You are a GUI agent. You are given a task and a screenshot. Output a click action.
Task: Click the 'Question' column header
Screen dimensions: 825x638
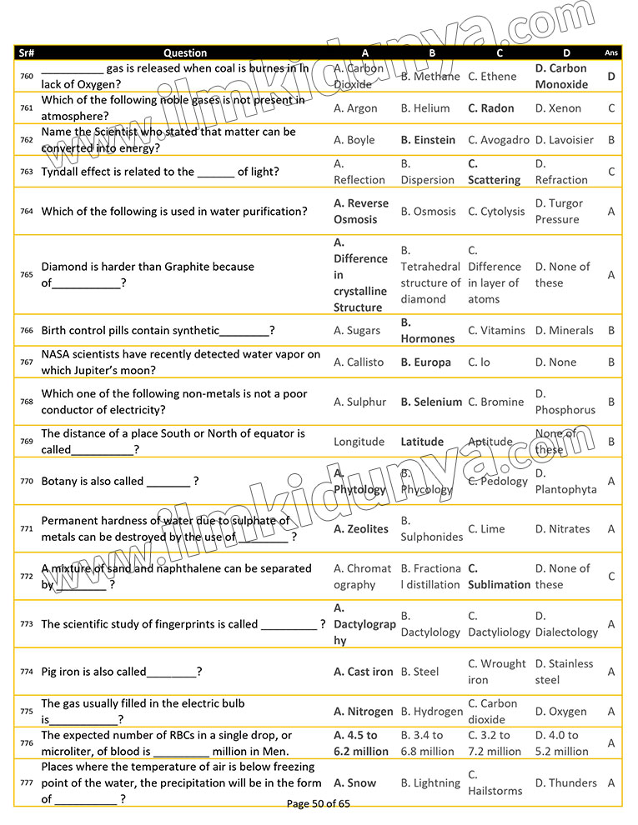pyautogui.click(x=185, y=52)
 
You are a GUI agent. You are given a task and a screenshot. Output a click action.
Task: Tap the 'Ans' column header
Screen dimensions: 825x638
pyautogui.click(x=611, y=52)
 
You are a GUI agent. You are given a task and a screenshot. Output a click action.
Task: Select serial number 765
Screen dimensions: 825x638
pyautogui.click(x=27, y=275)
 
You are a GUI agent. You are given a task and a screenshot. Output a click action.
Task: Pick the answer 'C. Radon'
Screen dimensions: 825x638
pyautogui.click(x=491, y=108)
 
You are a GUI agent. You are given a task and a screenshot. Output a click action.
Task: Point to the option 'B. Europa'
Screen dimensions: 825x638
pyautogui.click(x=425, y=362)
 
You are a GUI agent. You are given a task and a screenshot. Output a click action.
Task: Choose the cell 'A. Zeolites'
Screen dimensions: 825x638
pyautogui.click(x=361, y=529)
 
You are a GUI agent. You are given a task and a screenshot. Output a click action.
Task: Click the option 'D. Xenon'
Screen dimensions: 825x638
pyautogui.click(x=558, y=108)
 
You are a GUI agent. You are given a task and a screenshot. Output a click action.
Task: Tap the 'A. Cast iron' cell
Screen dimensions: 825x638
pyautogui.click(x=363, y=672)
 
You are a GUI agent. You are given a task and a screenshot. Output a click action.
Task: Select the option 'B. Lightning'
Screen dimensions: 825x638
pyautogui.click(x=430, y=783)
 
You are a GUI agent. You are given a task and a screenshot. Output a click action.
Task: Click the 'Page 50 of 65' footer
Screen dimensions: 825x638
pyautogui.click(x=319, y=804)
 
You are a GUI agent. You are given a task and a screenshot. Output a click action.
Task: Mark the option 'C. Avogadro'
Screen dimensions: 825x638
pyautogui.click(x=499, y=140)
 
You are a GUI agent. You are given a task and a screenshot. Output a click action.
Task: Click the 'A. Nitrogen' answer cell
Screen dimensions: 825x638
pyautogui.click(x=363, y=712)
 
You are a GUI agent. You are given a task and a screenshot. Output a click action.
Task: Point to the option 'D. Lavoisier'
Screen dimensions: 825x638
pyautogui.click(x=564, y=140)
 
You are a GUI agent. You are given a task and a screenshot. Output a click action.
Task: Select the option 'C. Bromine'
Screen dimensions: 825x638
pyautogui.click(x=496, y=402)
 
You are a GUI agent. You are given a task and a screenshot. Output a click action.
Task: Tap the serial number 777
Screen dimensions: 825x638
pyautogui.click(x=27, y=783)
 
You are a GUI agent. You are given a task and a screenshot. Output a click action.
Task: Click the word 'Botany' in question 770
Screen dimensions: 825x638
pyautogui.click(x=59, y=482)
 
